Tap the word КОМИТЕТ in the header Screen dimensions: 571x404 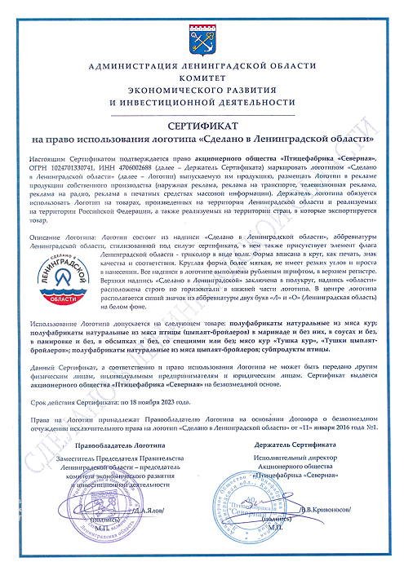[x=202, y=77]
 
